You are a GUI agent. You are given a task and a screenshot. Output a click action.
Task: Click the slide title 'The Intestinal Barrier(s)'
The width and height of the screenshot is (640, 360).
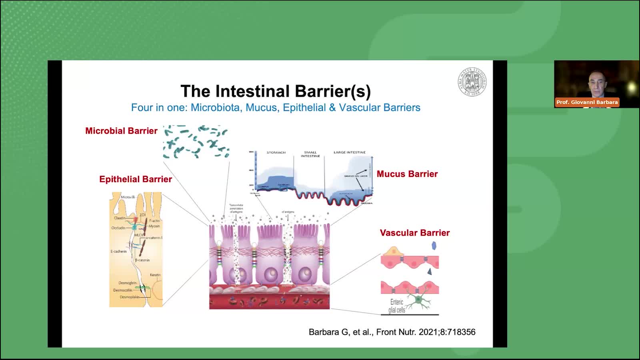pos(276,91)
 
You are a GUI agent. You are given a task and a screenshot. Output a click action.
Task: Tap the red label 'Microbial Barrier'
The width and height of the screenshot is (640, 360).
pos(121,131)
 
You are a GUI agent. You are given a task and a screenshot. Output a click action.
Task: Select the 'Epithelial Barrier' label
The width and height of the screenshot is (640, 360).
pos(136,179)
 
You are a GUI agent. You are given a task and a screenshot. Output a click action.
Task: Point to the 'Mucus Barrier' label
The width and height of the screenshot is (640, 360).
pos(407,174)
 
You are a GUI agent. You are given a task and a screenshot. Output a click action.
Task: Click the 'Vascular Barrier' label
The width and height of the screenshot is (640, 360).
pos(414,233)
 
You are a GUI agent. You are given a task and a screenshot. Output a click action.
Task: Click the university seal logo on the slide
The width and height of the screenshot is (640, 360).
pos(472,82)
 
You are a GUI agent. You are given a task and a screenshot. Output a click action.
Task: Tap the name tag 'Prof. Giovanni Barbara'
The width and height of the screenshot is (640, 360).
pos(587,102)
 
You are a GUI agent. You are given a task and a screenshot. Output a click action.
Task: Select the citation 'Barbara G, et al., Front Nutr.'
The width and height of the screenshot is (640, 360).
pos(392,332)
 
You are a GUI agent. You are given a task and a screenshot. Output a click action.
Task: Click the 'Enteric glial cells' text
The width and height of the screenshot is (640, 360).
pos(397,306)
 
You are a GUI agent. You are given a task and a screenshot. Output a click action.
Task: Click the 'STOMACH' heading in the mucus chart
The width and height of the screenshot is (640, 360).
pos(276,152)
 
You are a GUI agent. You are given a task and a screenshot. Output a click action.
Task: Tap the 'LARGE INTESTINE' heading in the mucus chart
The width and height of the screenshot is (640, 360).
pos(349,152)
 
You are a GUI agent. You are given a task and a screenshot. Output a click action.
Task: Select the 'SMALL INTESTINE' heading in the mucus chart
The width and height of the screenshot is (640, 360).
pos(310,154)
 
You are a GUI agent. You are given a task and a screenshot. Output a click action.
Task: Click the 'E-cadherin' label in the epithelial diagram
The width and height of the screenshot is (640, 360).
pos(118,252)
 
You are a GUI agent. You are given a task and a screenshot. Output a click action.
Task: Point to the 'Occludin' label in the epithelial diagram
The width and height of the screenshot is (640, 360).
pos(118,228)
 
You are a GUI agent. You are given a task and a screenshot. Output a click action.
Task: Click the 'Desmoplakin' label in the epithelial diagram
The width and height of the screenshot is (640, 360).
pos(129,297)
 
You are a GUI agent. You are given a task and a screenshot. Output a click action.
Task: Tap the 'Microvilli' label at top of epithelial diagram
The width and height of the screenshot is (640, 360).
pos(128,197)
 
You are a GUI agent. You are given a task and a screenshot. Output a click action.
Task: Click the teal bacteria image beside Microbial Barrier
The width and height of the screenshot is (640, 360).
pos(196,142)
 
